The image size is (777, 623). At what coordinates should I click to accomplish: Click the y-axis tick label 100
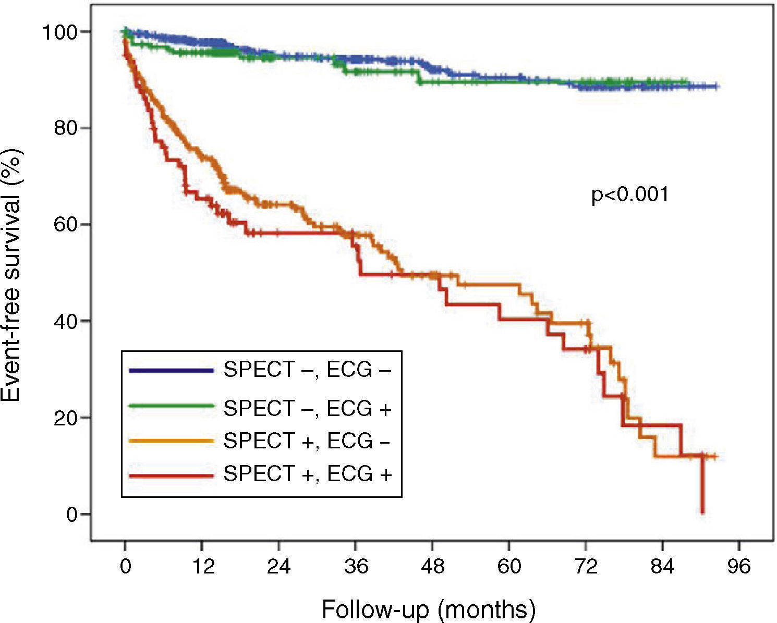tap(60, 32)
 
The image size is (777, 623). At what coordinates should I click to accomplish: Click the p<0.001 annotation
tap(629, 196)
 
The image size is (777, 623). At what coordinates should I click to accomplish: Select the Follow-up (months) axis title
tap(429, 608)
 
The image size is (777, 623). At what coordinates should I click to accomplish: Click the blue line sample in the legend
tap(172, 371)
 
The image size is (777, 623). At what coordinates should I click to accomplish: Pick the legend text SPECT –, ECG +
tap(307, 408)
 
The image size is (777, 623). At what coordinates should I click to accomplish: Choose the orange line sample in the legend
tap(172, 441)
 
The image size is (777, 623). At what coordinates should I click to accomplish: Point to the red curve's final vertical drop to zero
tap(702, 485)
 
